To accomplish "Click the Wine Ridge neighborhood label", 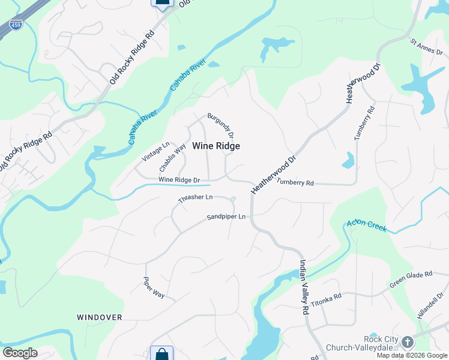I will coord(216,146).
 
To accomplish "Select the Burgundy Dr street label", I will coord(220,125).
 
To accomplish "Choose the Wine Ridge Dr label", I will coord(179,180).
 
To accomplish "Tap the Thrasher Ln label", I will coord(196,197).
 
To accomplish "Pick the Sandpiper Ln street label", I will coord(226,217).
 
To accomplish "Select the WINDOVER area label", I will coord(100,317).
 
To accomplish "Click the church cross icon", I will coord(407,343).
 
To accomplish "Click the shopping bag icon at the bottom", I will coord(161,354).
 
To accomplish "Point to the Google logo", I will coord(20,353).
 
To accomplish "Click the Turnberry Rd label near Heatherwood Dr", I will coord(295,182).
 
